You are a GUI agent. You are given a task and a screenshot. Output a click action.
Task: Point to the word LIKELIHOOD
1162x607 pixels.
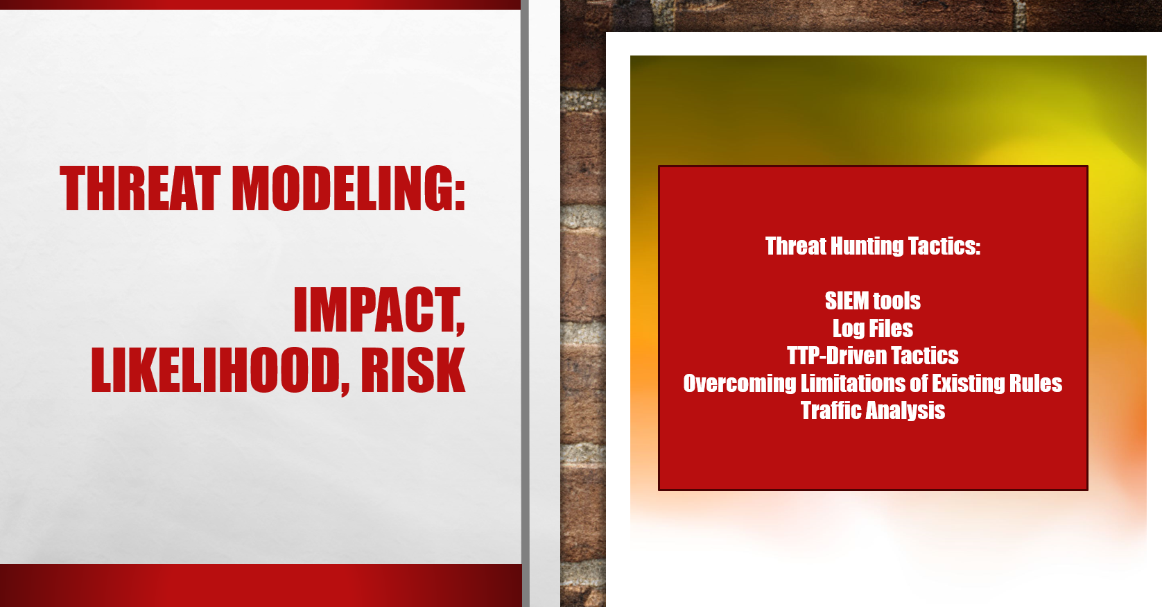[214, 370]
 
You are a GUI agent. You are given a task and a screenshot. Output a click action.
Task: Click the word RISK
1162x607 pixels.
[413, 370]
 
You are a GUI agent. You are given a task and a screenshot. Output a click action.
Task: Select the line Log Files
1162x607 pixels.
[872, 329]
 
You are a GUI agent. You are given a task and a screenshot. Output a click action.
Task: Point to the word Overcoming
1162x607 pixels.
[739, 384]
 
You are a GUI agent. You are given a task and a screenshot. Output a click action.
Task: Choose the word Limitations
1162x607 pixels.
[852, 383]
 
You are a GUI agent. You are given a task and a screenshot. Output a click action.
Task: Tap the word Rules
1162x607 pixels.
[1036, 383]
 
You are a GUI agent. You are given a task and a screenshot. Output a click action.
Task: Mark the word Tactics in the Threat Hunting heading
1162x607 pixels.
[944, 246]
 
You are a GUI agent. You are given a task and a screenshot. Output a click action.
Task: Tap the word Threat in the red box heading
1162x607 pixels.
[796, 246]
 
